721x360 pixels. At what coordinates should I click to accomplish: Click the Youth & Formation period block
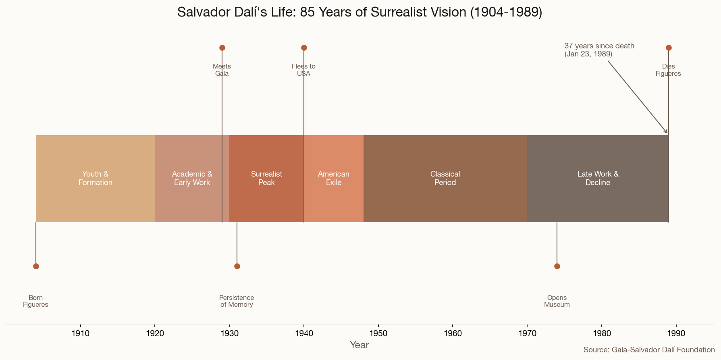(95, 178)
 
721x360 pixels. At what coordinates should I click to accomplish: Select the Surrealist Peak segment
(266, 178)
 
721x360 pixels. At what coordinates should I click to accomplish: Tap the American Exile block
(334, 178)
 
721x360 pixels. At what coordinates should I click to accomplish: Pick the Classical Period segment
(445, 178)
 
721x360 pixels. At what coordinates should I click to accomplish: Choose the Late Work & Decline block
(598, 178)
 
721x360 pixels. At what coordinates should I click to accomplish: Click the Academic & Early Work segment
(192, 178)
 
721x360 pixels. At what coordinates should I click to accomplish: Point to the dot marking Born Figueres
(36, 266)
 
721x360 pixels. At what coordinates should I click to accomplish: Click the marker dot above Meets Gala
(222, 48)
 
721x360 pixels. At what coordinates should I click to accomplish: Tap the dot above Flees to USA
(304, 48)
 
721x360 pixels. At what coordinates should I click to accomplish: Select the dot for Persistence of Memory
(237, 266)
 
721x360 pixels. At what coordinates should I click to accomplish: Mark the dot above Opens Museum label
(557, 266)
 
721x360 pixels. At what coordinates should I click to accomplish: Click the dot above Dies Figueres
(669, 48)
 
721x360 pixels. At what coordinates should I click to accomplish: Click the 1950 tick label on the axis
(378, 333)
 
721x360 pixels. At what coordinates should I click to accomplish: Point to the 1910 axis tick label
(80, 333)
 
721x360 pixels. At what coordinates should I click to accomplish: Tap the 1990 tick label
(676, 333)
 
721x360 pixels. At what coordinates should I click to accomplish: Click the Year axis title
(359, 345)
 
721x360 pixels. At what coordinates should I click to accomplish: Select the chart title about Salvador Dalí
(359, 12)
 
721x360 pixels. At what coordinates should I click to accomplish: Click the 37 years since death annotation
(599, 50)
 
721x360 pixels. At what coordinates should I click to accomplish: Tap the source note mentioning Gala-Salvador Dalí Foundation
(649, 350)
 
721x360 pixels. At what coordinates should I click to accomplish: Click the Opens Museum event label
(557, 301)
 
